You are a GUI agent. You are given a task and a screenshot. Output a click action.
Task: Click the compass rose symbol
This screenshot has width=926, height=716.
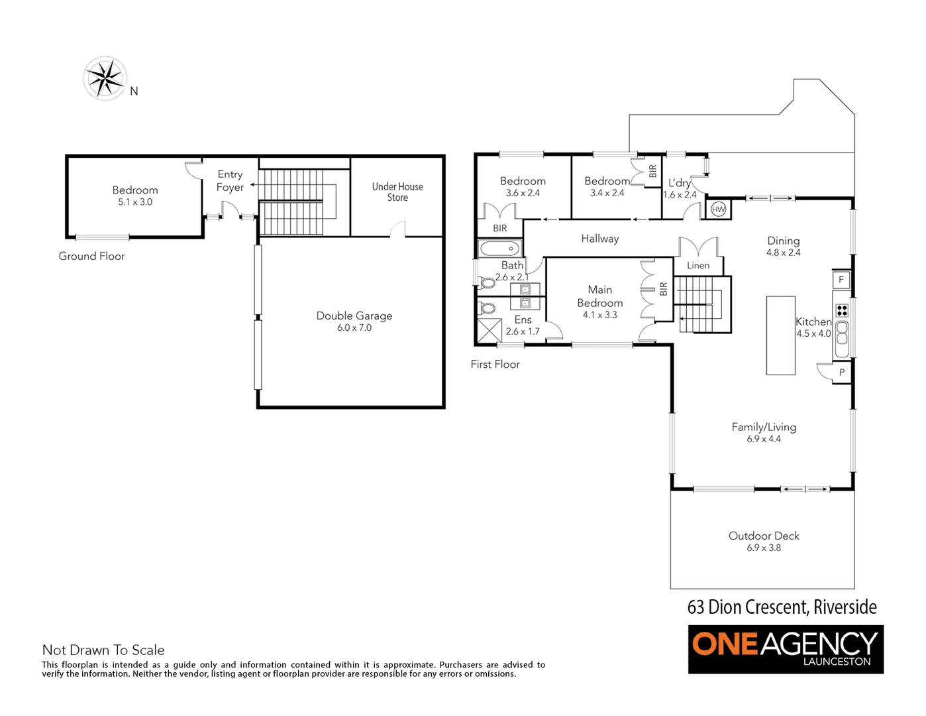click(x=105, y=78)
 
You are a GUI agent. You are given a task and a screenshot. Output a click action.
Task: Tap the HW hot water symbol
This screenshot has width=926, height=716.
click(x=718, y=209)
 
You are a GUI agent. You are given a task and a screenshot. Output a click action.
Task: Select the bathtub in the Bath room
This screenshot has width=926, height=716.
click(x=499, y=249)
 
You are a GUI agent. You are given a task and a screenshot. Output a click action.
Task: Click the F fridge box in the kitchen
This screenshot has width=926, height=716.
click(x=841, y=279)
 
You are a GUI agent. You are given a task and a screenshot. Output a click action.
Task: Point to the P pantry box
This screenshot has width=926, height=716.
click(x=842, y=373)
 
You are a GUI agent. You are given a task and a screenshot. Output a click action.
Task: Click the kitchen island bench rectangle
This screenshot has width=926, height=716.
click(x=781, y=335)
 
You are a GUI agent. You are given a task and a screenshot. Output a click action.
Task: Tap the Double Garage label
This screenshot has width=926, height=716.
click(x=354, y=316)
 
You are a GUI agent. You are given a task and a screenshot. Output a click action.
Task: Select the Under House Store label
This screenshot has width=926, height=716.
click(x=397, y=192)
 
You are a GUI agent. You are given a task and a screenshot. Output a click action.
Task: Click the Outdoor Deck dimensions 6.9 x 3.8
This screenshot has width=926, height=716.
click(x=764, y=548)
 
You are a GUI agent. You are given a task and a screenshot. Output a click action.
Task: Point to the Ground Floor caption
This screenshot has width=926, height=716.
click(x=91, y=257)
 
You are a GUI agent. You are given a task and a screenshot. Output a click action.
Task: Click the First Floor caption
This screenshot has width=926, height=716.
click(x=495, y=365)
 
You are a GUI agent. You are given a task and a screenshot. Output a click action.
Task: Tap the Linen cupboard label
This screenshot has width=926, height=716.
click(x=698, y=266)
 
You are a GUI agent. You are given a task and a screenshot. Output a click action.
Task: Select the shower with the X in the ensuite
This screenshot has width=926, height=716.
click(x=489, y=330)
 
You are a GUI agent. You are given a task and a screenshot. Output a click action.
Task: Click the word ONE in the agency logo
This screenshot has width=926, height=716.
click(x=724, y=644)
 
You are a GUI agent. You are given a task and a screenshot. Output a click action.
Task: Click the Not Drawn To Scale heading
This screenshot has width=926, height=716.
click(x=103, y=650)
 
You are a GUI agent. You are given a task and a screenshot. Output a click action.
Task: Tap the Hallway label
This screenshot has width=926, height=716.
click(x=599, y=239)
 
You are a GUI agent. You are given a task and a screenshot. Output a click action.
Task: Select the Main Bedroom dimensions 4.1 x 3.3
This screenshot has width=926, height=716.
click(x=599, y=316)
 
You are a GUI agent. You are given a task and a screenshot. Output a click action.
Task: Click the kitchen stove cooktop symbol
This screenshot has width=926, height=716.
click(x=842, y=310)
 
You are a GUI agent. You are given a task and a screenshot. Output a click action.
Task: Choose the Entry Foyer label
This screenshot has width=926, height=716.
click(x=230, y=181)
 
